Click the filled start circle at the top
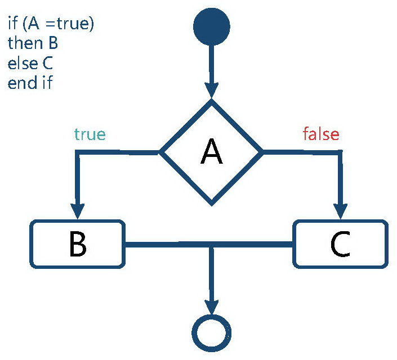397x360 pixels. coord(212,27)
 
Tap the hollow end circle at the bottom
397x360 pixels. coord(212,334)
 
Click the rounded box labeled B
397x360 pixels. coord(77,243)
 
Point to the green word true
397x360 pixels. coord(90,135)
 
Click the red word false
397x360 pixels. coord(321,135)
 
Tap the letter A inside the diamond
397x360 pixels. coord(211,152)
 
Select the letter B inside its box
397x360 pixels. coord(77,244)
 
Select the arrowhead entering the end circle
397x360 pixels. coord(212,307)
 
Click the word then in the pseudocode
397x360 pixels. coord(23,43)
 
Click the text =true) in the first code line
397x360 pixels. coord(73,24)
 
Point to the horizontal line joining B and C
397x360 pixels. coord(169,244)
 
